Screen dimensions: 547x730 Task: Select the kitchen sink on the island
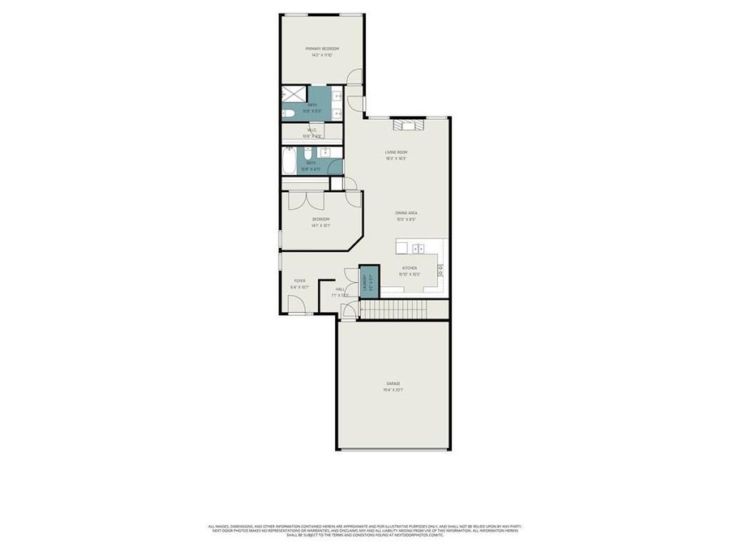tap(418, 249)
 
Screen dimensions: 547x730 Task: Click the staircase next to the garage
tap(393, 309)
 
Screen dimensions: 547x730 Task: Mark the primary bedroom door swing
tap(354, 76)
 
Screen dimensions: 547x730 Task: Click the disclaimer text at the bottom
tap(365, 531)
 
